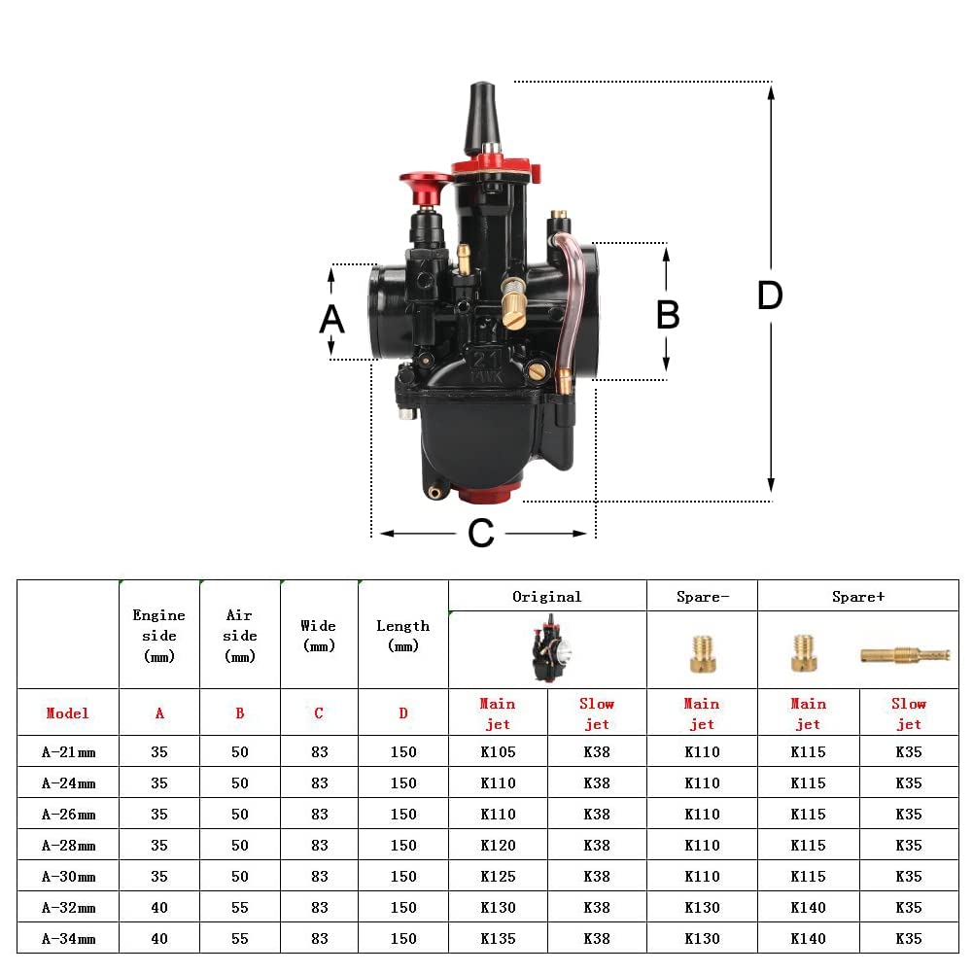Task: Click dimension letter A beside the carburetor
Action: (x=331, y=319)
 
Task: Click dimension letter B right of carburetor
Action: (x=668, y=315)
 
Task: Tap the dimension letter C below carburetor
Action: (x=481, y=534)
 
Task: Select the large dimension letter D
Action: (x=770, y=296)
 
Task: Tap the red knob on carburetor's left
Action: (x=426, y=187)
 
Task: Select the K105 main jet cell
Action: (x=498, y=751)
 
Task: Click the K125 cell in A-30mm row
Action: (x=498, y=876)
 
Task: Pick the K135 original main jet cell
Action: (x=498, y=938)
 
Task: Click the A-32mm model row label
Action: (x=68, y=907)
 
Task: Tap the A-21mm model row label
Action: (x=68, y=751)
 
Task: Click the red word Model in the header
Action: (x=68, y=712)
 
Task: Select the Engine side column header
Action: (x=159, y=635)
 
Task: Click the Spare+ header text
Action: (x=857, y=597)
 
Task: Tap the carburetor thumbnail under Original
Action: (x=547, y=651)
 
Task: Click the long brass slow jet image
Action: (x=904, y=656)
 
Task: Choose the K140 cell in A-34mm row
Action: (x=808, y=938)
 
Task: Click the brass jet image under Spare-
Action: (x=702, y=653)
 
